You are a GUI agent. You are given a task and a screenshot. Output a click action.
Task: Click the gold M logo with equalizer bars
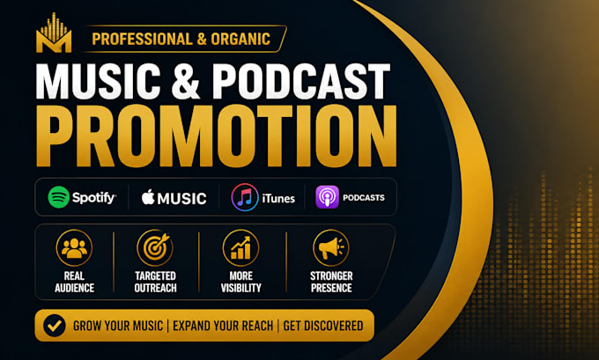54,33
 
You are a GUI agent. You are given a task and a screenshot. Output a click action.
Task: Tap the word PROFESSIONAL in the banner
142,40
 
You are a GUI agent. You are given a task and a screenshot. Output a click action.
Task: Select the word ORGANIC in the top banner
240,40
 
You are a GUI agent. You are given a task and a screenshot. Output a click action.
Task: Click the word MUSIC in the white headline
98,81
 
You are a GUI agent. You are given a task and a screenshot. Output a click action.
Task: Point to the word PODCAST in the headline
301,81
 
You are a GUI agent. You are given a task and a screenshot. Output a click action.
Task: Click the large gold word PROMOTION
216,136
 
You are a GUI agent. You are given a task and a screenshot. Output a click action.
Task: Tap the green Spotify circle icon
58,197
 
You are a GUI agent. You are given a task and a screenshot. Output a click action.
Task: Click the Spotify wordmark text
94,197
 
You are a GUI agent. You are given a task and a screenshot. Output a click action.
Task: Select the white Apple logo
148,197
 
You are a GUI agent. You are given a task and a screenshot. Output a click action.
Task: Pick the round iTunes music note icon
245,197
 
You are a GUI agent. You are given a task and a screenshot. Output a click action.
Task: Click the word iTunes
278,199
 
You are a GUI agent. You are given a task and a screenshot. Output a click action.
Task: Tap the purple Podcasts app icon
327,197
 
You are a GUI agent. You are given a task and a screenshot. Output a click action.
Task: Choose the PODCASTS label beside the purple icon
364,198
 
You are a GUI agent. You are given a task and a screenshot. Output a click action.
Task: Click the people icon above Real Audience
74,248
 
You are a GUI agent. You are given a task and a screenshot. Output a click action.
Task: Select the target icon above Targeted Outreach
155,247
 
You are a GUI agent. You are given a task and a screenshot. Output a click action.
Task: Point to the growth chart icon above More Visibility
241,248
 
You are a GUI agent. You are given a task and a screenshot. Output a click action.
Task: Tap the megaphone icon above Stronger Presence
331,248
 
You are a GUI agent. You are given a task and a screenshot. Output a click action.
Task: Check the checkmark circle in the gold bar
55,326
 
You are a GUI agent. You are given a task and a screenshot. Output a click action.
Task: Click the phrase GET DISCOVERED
323,326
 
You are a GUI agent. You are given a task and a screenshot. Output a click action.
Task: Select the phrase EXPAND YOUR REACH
223,326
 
